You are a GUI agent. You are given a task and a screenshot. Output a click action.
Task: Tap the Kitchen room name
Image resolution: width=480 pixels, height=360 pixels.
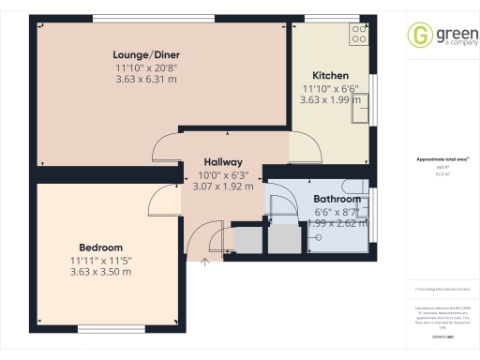pyautogui.click(x=330, y=75)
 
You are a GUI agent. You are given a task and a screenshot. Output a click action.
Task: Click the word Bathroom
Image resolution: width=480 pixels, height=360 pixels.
pyautogui.click(x=337, y=199)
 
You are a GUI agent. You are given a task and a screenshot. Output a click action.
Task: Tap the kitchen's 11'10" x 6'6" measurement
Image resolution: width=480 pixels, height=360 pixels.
pyautogui.click(x=330, y=87)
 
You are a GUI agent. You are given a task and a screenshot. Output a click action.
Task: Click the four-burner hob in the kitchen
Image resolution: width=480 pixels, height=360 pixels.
pyautogui.click(x=358, y=35)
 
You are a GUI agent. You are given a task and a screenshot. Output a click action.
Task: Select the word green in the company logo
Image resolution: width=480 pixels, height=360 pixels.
pyautogui.click(x=448, y=32)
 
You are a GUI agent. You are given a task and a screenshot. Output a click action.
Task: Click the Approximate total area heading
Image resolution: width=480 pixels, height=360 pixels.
pyautogui.click(x=441, y=159)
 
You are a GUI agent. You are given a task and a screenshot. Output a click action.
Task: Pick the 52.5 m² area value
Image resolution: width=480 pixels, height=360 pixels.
pyautogui.click(x=441, y=173)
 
